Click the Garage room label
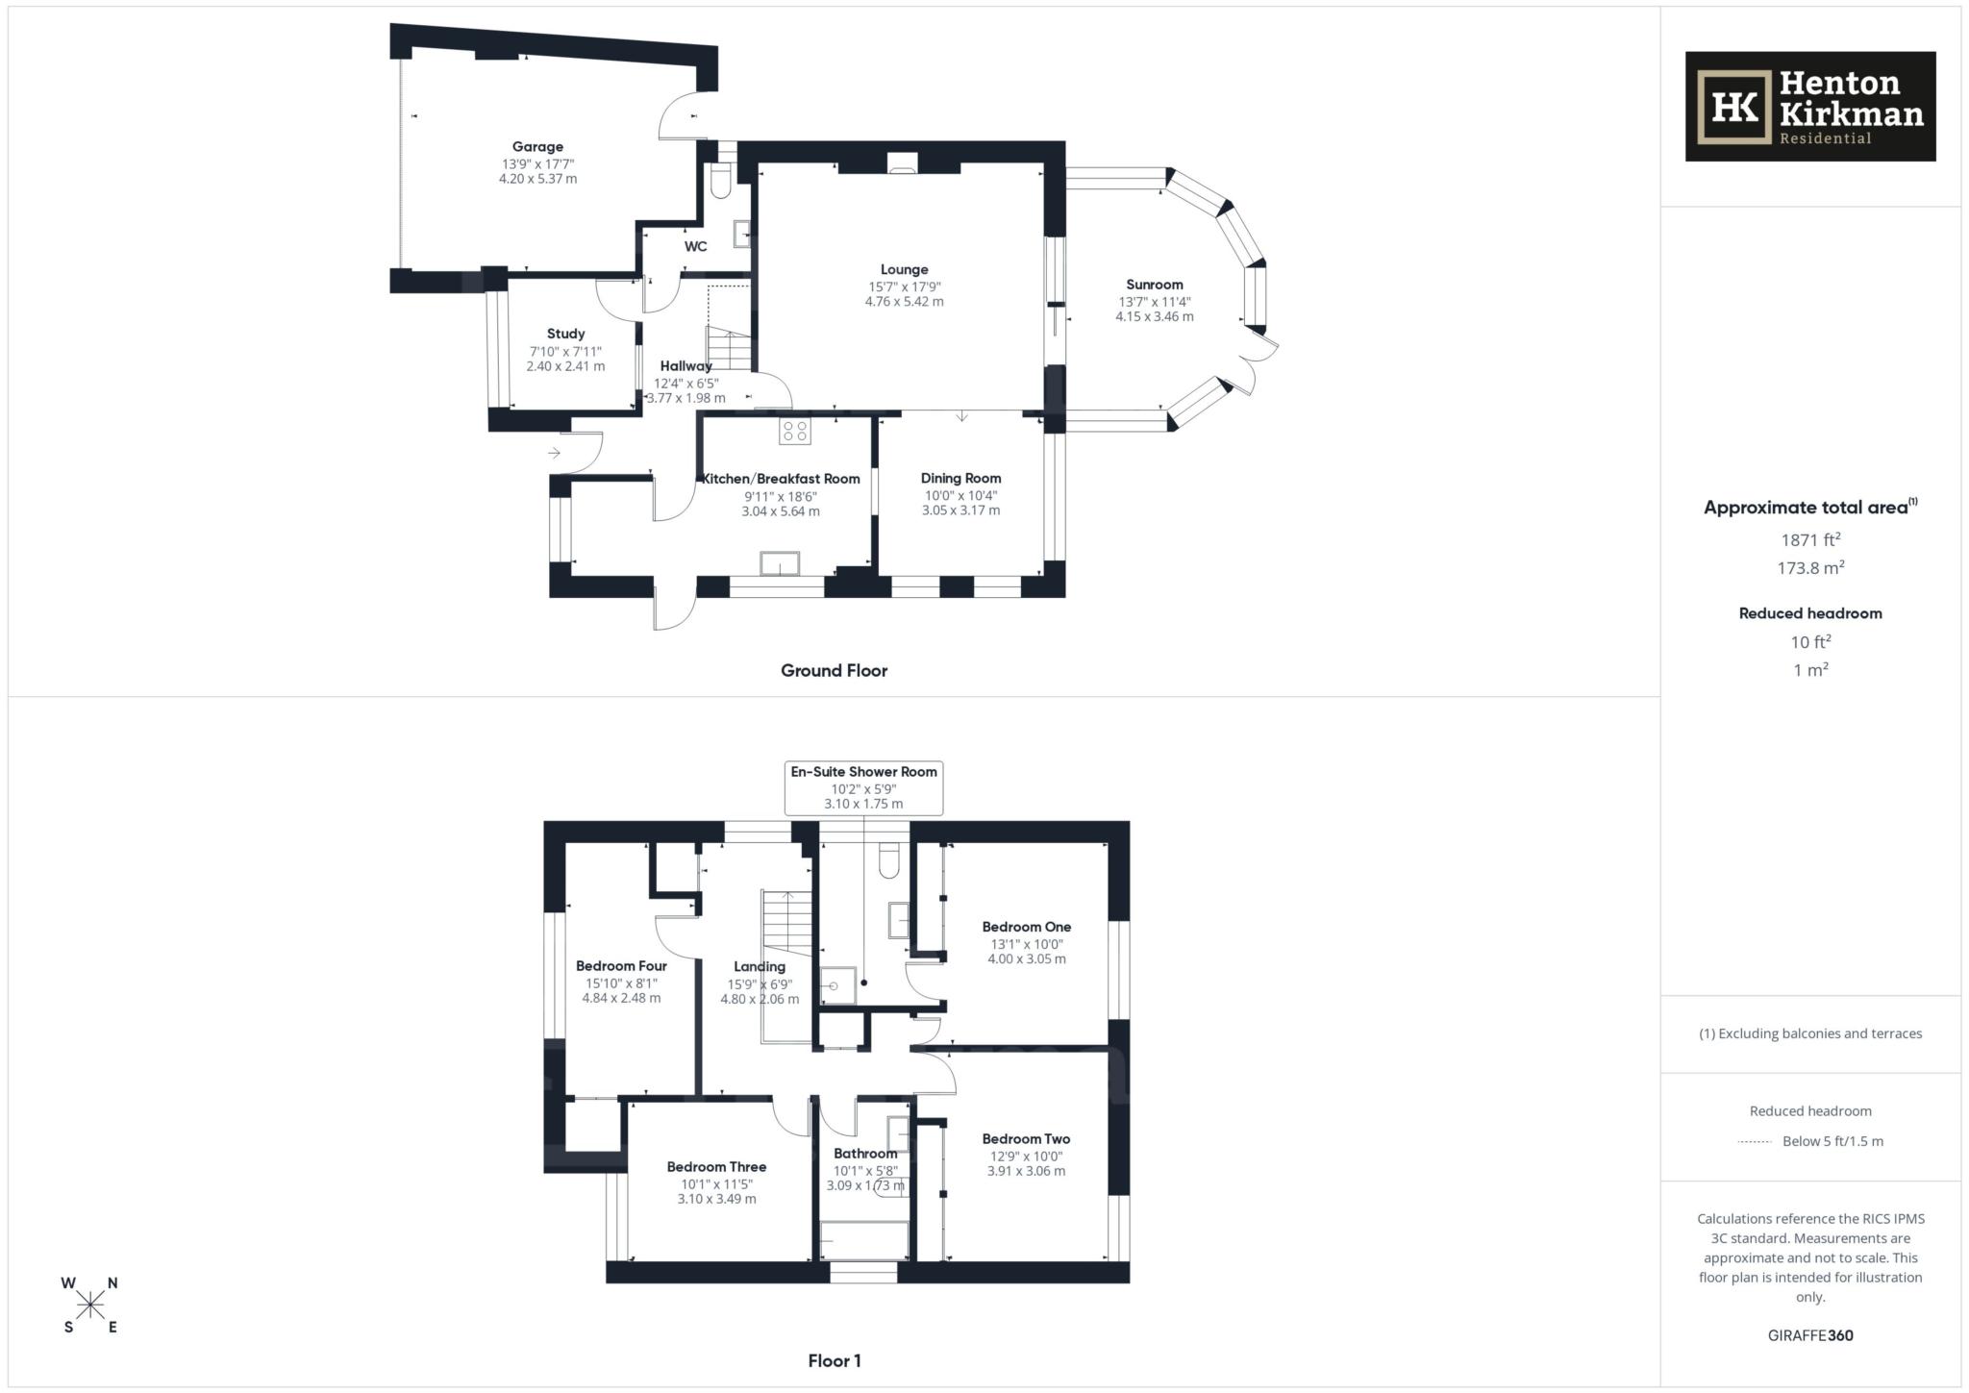coord(536,147)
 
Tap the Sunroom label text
coord(1154,285)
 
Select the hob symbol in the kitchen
coord(795,431)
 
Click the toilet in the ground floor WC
coord(719,183)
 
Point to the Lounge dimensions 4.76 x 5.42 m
coord(904,302)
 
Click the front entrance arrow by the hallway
coord(555,453)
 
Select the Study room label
coord(565,334)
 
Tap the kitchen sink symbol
coord(780,563)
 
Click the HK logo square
coord(1733,108)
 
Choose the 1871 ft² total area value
coord(1810,540)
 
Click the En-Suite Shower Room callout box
coord(863,787)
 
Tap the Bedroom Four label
coord(621,966)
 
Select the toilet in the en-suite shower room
coord(889,861)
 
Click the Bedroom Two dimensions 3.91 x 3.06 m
coord(1026,1171)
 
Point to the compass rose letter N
coord(112,1282)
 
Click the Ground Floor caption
coord(834,671)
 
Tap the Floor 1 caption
coord(834,1360)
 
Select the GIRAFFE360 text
coord(1810,1335)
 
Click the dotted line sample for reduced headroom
coord(1755,1142)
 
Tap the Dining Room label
coord(960,478)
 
